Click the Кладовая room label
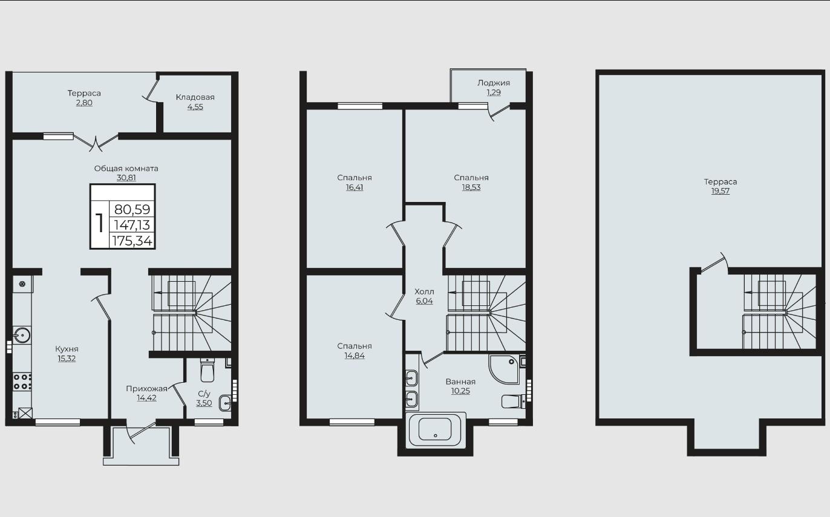[195, 97]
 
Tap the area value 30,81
[126, 178]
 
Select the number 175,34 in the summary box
[132, 241]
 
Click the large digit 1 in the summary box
[99, 223]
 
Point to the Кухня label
[67, 349]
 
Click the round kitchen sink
[22, 336]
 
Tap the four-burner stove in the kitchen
[22, 382]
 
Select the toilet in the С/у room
[207, 369]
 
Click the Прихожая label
[147, 388]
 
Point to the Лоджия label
[494, 83]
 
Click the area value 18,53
[471, 187]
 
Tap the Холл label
[424, 291]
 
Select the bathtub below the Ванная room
[435, 429]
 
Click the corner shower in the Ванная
[503, 369]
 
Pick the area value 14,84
[355, 356]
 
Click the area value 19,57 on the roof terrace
[721, 191]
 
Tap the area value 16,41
[355, 187]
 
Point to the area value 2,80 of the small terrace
[84, 103]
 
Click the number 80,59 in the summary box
[132, 210]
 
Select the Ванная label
[460, 382]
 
